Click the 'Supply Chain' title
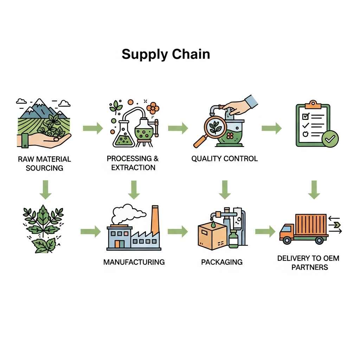(x=166, y=54)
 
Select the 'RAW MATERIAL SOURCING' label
(x=44, y=163)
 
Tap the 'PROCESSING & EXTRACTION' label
(x=133, y=163)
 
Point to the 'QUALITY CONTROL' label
(x=225, y=159)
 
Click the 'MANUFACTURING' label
(x=134, y=262)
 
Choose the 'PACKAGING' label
(x=222, y=262)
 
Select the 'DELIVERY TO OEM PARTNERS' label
(x=308, y=263)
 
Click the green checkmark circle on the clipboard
(x=330, y=139)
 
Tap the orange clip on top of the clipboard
(x=313, y=105)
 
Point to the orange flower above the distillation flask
(x=153, y=108)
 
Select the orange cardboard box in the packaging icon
(x=212, y=237)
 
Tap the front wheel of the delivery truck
(x=287, y=240)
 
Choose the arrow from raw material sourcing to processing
(x=93, y=128)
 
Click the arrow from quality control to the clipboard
(x=272, y=128)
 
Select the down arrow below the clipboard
(x=314, y=189)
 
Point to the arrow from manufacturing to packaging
(x=178, y=231)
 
